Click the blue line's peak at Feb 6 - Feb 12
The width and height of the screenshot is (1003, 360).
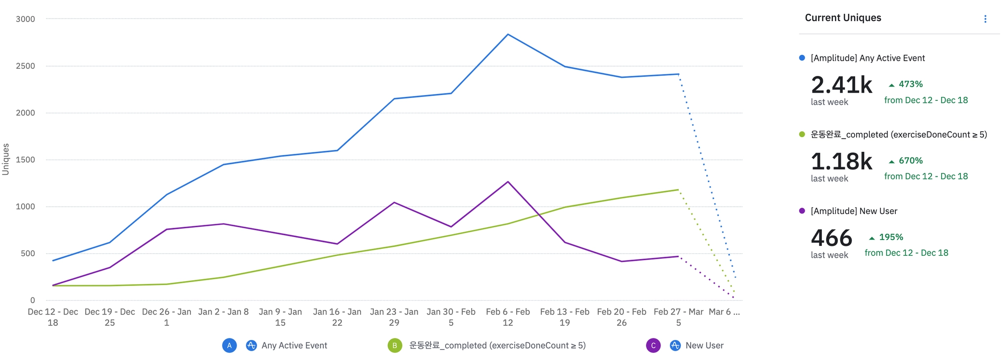pyautogui.click(x=508, y=34)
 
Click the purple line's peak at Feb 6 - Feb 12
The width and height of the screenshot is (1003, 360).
pyautogui.click(x=508, y=182)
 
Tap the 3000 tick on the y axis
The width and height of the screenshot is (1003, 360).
pyautogui.click(x=25, y=19)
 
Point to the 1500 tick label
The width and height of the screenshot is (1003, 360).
pyautogui.click(x=25, y=160)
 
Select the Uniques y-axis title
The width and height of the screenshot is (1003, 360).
pyautogui.click(x=6, y=159)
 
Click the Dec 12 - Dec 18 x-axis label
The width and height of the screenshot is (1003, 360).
pyautogui.click(x=53, y=317)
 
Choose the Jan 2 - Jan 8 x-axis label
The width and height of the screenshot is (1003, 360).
pyautogui.click(x=223, y=312)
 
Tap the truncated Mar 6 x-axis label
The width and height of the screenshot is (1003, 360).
pyautogui.click(x=724, y=312)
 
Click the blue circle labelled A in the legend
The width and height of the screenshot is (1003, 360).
pyautogui.click(x=229, y=345)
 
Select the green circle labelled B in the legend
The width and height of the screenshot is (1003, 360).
pyautogui.click(x=395, y=345)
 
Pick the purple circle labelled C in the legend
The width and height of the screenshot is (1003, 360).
pyautogui.click(x=653, y=345)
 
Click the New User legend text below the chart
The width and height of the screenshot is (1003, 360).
pyautogui.click(x=704, y=345)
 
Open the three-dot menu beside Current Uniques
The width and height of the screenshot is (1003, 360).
pyautogui.click(x=985, y=19)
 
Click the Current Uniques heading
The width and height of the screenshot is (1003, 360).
pyautogui.click(x=843, y=18)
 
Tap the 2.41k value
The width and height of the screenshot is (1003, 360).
pyautogui.click(x=841, y=85)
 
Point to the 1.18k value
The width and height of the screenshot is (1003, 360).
pyautogui.click(x=841, y=162)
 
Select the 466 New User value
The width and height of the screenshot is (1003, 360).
pyautogui.click(x=832, y=239)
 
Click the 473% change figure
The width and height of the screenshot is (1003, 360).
pyautogui.click(x=910, y=84)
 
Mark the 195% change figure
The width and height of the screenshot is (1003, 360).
pyautogui.click(x=890, y=237)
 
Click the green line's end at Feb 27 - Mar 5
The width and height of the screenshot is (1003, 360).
pyautogui.click(x=678, y=190)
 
